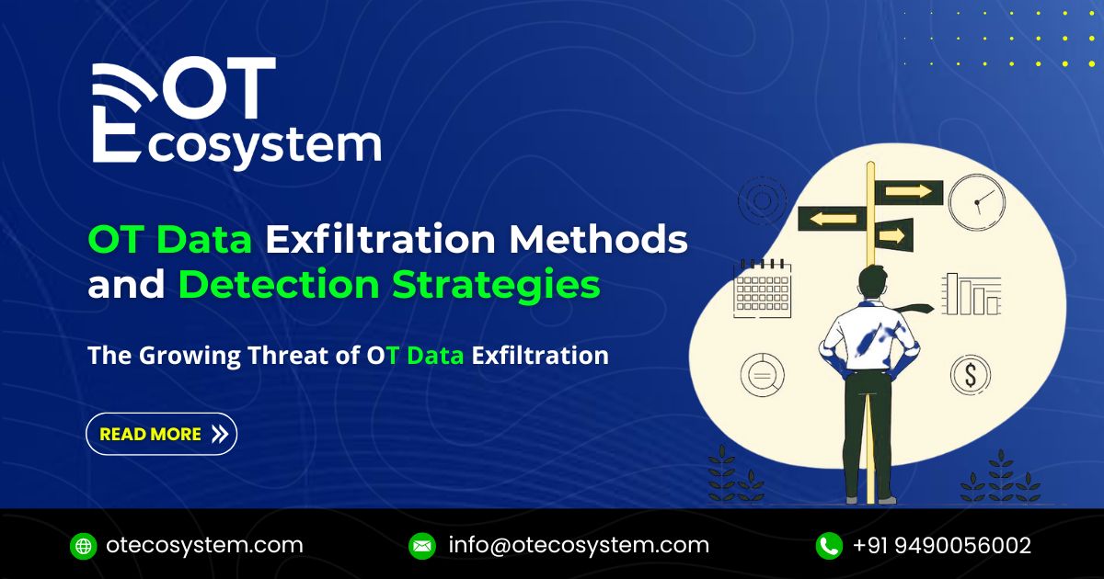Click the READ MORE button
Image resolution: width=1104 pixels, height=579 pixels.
pos(161,434)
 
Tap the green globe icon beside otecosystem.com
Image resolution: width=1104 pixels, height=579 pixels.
pos(83,546)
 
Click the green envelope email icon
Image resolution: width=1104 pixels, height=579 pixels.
pos(421,546)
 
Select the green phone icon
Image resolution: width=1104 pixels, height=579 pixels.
pos(829,546)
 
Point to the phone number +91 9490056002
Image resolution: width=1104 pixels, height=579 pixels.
pos(942,545)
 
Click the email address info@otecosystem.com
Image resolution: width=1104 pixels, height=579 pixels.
pos(579,545)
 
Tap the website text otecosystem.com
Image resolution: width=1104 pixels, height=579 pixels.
pos(204,545)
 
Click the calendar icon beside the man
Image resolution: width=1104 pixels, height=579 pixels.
pos(762,289)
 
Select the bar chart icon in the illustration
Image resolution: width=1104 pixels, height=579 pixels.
pos(971,294)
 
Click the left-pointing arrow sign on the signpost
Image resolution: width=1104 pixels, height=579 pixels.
pos(831,219)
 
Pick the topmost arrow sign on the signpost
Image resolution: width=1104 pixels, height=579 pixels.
pos(908,191)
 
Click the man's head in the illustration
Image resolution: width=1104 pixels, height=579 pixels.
pos(871,280)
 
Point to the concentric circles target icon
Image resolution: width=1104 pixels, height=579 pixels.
pos(762,200)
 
